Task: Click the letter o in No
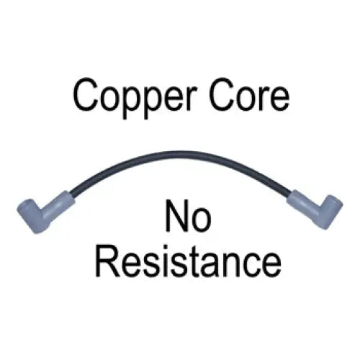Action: tap(201, 220)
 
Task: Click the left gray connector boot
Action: tap(45, 212)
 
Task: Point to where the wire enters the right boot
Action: tap(290, 193)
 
